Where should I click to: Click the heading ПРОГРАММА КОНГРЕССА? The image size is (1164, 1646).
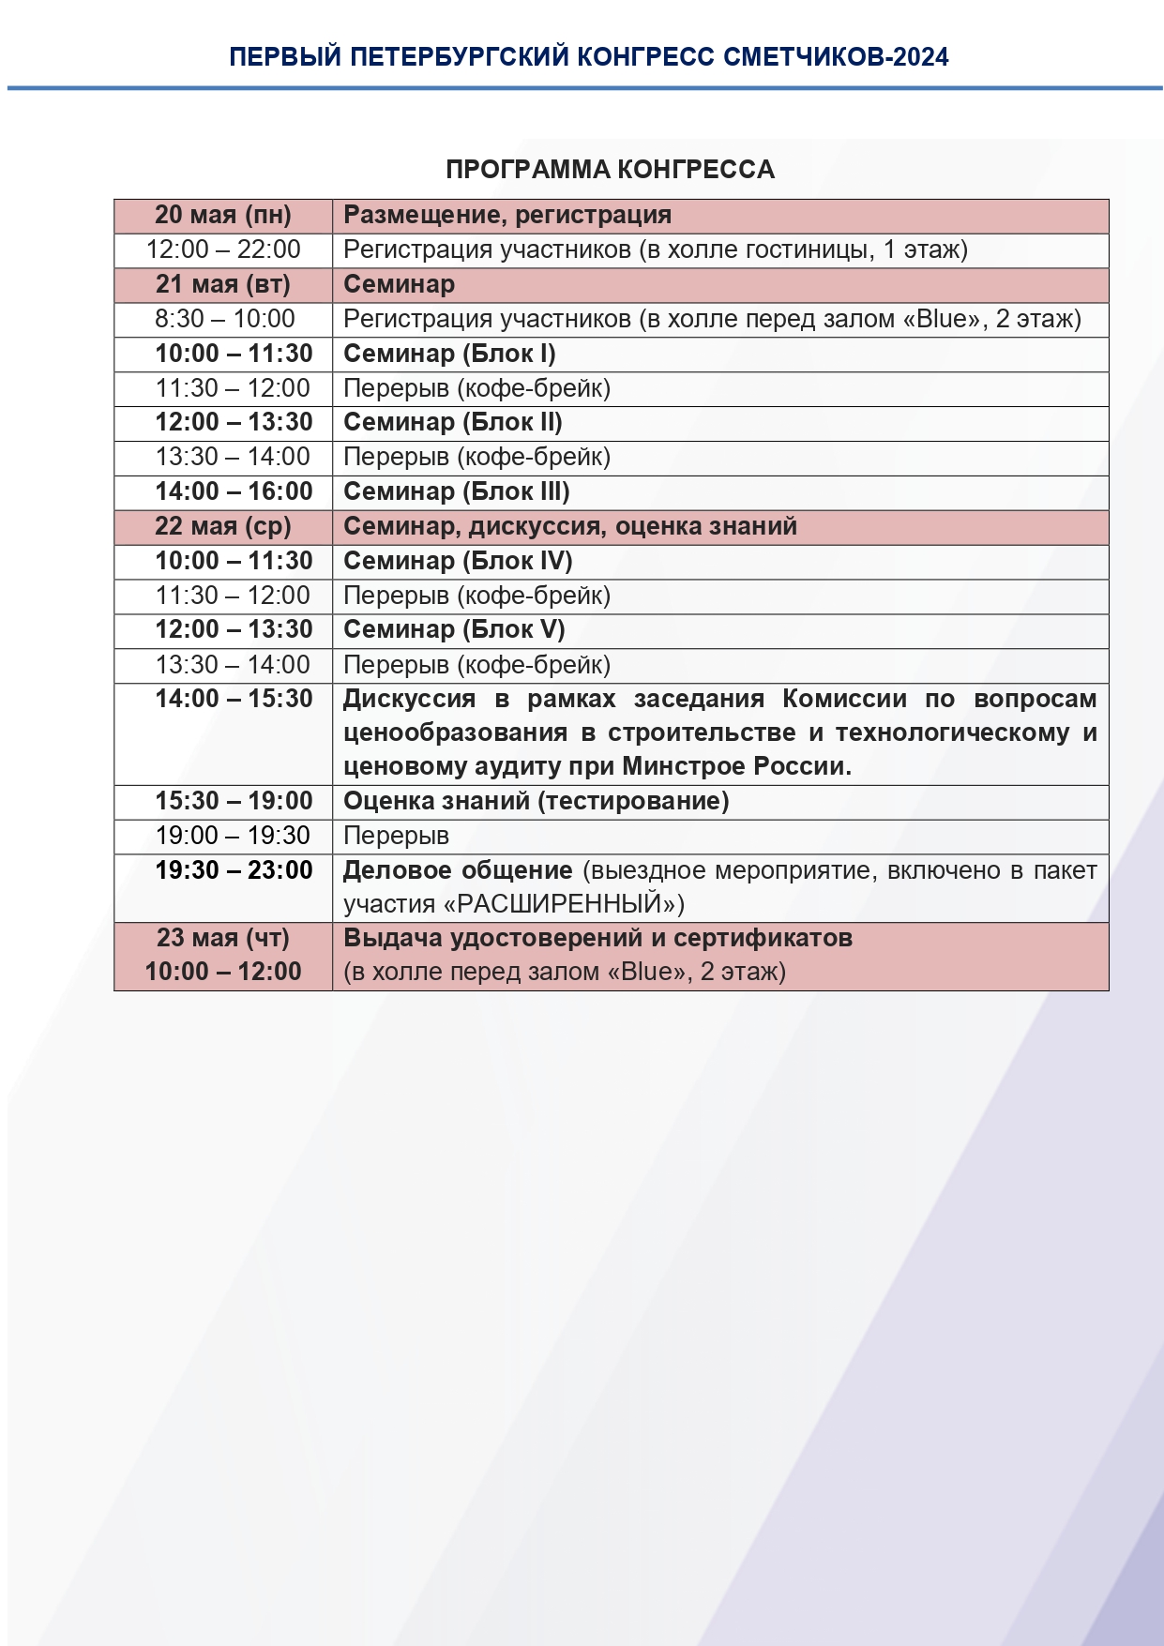(x=610, y=170)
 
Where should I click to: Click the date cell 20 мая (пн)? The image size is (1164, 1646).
(x=223, y=216)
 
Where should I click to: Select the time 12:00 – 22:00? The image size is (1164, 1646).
(x=223, y=249)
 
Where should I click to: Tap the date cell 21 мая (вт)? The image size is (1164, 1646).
(x=223, y=284)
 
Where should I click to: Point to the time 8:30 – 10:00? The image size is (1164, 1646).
(x=225, y=319)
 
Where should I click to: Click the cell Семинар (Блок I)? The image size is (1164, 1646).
(x=449, y=354)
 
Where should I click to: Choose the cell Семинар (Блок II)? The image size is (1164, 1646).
(x=453, y=422)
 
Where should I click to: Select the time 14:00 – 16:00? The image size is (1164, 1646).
(x=234, y=491)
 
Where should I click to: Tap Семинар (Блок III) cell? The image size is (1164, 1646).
(x=457, y=491)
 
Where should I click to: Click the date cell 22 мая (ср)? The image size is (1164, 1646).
(x=223, y=526)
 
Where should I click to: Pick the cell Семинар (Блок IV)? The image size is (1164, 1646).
(x=458, y=561)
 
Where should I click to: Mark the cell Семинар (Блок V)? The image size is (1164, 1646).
(x=454, y=629)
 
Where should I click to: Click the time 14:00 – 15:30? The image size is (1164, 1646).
(x=234, y=699)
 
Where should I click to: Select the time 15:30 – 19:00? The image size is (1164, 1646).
(x=234, y=801)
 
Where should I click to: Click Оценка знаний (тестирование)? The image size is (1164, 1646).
(x=536, y=801)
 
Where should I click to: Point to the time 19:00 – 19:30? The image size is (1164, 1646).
(x=233, y=836)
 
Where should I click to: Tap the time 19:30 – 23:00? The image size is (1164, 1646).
(x=234, y=870)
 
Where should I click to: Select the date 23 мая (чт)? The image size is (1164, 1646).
(x=223, y=938)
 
